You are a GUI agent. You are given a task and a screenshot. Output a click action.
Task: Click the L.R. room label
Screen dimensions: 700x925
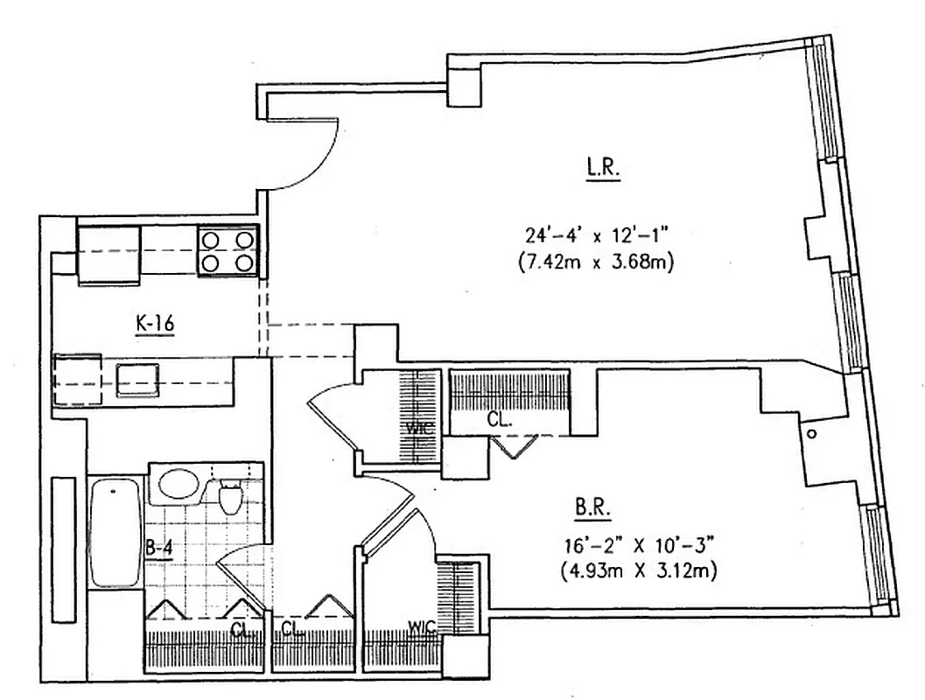click(603, 168)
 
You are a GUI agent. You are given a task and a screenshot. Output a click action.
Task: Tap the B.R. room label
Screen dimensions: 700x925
click(593, 507)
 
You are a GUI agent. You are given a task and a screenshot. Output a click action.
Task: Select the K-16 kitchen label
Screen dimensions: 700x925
click(155, 325)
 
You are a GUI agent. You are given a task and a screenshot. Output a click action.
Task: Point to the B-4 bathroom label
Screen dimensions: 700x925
click(160, 549)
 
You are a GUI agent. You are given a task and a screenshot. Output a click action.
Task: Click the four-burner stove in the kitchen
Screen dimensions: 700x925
click(227, 250)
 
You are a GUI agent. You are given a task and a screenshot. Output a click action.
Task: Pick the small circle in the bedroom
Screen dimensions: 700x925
click(812, 434)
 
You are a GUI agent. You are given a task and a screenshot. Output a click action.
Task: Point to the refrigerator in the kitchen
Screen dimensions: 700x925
click(109, 254)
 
